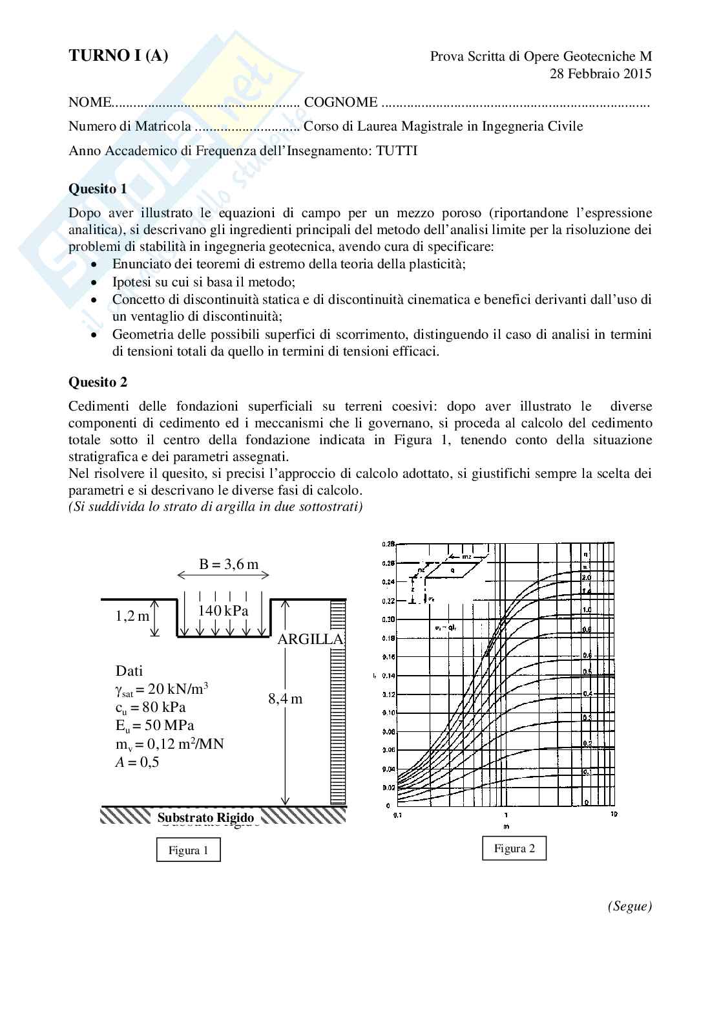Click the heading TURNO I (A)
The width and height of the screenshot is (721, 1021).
pyautogui.click(x=118, y=56)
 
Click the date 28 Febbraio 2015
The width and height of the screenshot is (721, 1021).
pyautogui.click(x=600, y=74)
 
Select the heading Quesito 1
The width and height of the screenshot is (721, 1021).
pyautogui.click(x=98, y=189)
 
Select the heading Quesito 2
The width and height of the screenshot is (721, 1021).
pyautogui.click(x=98, y=382)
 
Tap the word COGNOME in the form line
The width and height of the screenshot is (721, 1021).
pyautogui.click(x=340, y=102)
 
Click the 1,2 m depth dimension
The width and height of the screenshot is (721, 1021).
pyautogui.click(x=132, y=616)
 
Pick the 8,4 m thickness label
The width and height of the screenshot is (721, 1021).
pyautogui.click(x=285, y=698)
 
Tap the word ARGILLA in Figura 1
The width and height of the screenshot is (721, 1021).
pyautogui.click(x=310, y=639)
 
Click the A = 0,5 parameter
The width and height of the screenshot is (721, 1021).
pyautogui.click(x=137, y=762)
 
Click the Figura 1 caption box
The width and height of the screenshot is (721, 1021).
pyautogui.click(x=188, y=850)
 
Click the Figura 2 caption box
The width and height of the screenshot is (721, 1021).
pyautogui.click(x=514, y=848)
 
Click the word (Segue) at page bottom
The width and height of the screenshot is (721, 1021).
pyautogui.click(x=629, y=907)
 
